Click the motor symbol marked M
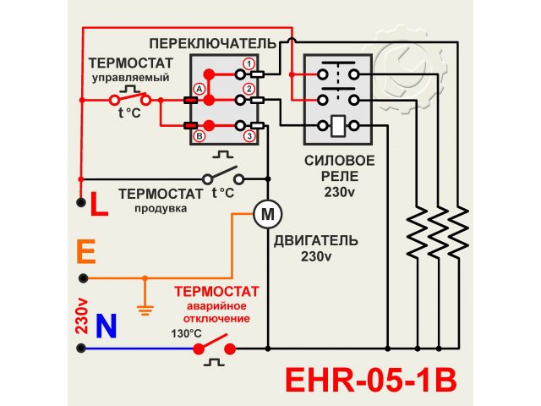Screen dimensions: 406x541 click(267, 214)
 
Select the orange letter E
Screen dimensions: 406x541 click(85, 251)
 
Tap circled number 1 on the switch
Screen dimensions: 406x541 click(249, 64)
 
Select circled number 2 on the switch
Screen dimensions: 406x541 click(249, 89)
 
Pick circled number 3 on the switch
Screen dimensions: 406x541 click(249, 136)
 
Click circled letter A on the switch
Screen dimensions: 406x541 click(199, 88)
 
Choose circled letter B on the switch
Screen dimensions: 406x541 click(199, 135)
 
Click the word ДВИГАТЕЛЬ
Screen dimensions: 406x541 click(315, 239)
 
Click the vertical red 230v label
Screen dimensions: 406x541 click(82, 316)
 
